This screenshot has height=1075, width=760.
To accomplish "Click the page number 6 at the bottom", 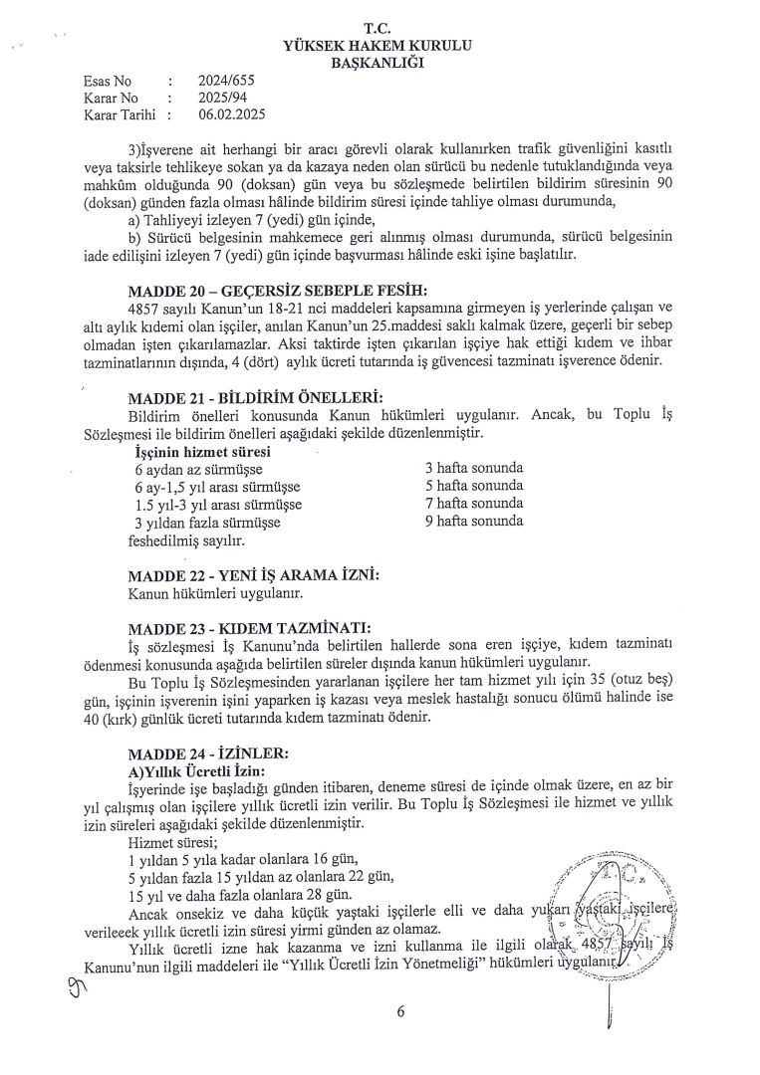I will [400, 1013].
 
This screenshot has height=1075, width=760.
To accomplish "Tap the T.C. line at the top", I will [379, 28].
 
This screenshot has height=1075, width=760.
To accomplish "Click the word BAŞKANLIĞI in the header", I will [378, 63].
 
